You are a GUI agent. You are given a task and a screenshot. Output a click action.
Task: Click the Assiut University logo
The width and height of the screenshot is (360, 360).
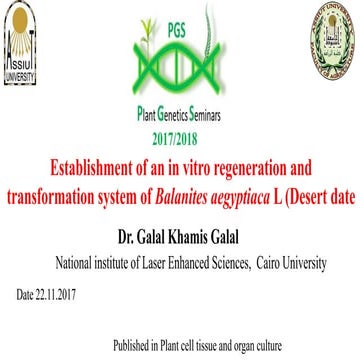21,45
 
